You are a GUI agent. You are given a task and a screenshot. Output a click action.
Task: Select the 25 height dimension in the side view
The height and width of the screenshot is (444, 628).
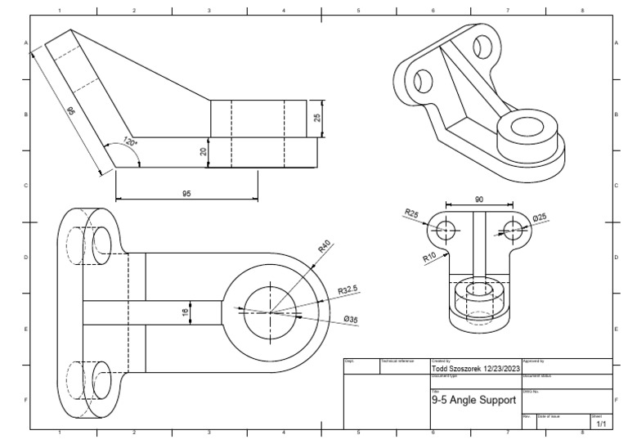coord(317,118)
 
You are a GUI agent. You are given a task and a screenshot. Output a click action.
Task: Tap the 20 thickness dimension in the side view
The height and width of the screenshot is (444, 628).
coord(204,152)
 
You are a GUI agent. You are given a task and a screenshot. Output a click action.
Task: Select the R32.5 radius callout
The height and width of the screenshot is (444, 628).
coord(348,289)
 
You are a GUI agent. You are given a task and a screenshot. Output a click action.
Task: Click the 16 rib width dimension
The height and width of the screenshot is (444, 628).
coord(185,312)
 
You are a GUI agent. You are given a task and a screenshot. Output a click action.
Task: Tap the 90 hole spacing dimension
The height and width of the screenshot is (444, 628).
coord(478,199)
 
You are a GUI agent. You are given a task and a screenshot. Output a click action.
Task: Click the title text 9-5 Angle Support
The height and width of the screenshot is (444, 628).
coord(473,400)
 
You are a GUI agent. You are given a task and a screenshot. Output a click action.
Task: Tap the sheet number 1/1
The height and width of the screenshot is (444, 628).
coord(601,424)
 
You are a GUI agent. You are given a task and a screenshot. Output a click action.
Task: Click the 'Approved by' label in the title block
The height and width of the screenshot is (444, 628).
coord(533,360)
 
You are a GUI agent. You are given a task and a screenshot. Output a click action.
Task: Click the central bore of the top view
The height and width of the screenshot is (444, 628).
coord(269,310)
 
